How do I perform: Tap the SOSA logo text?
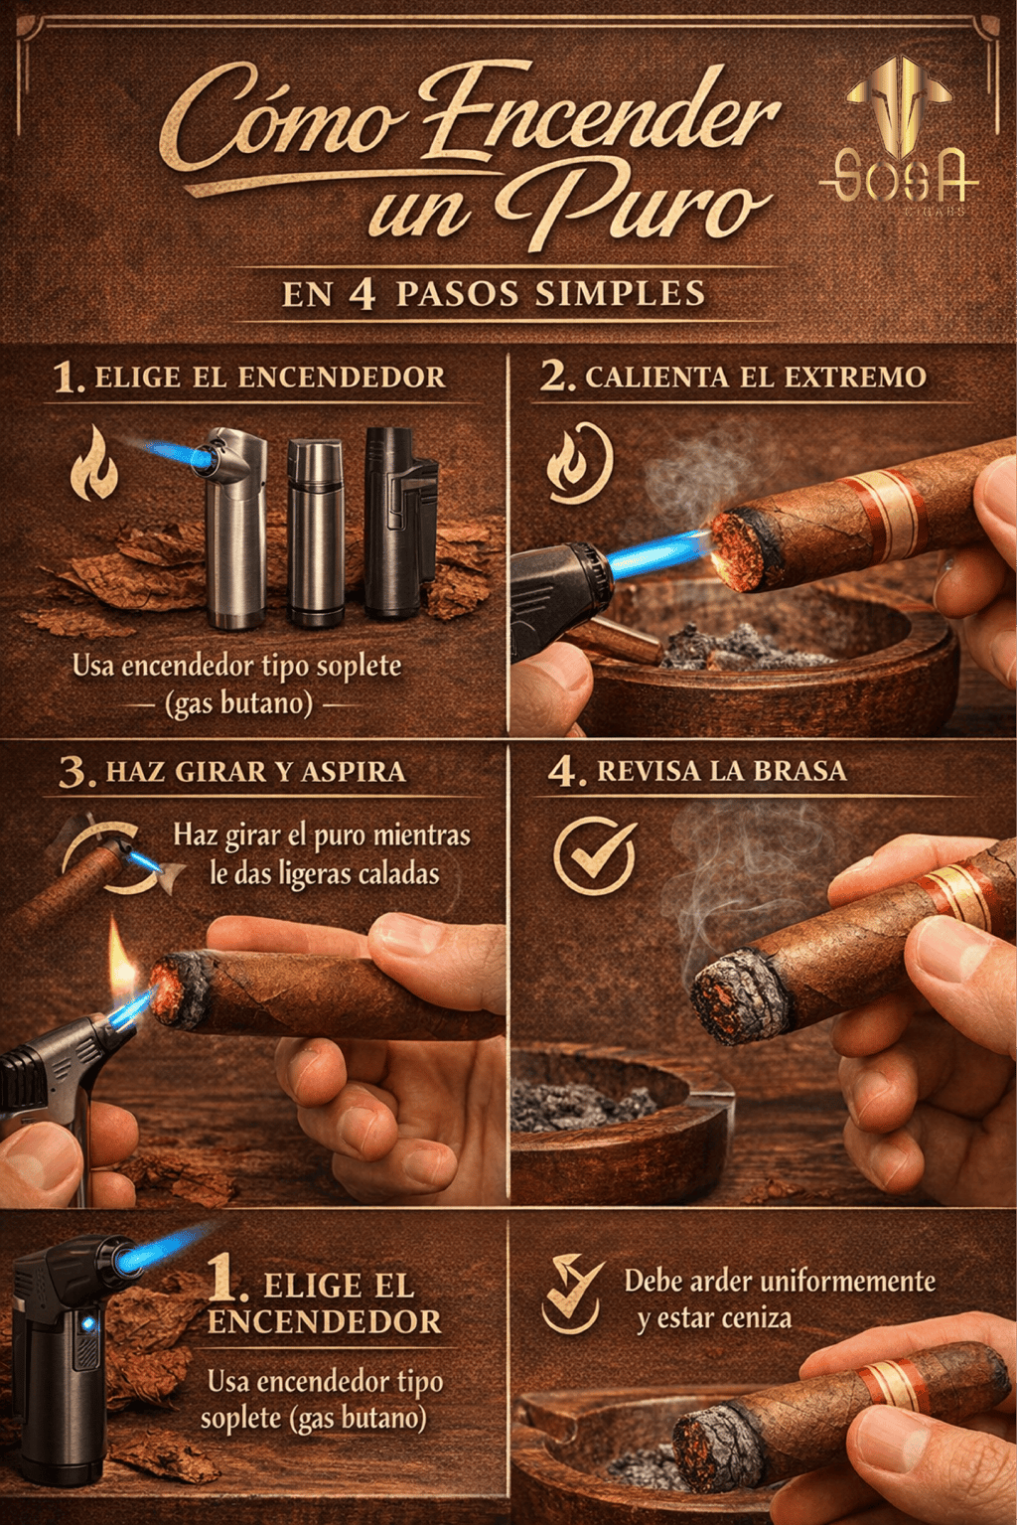tap(901, 176)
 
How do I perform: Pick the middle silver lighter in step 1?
tap(315, 532)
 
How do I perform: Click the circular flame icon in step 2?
tap(579, 464)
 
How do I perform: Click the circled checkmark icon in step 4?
tap(594, 855)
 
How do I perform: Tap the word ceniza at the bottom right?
tap(756, 1318)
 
